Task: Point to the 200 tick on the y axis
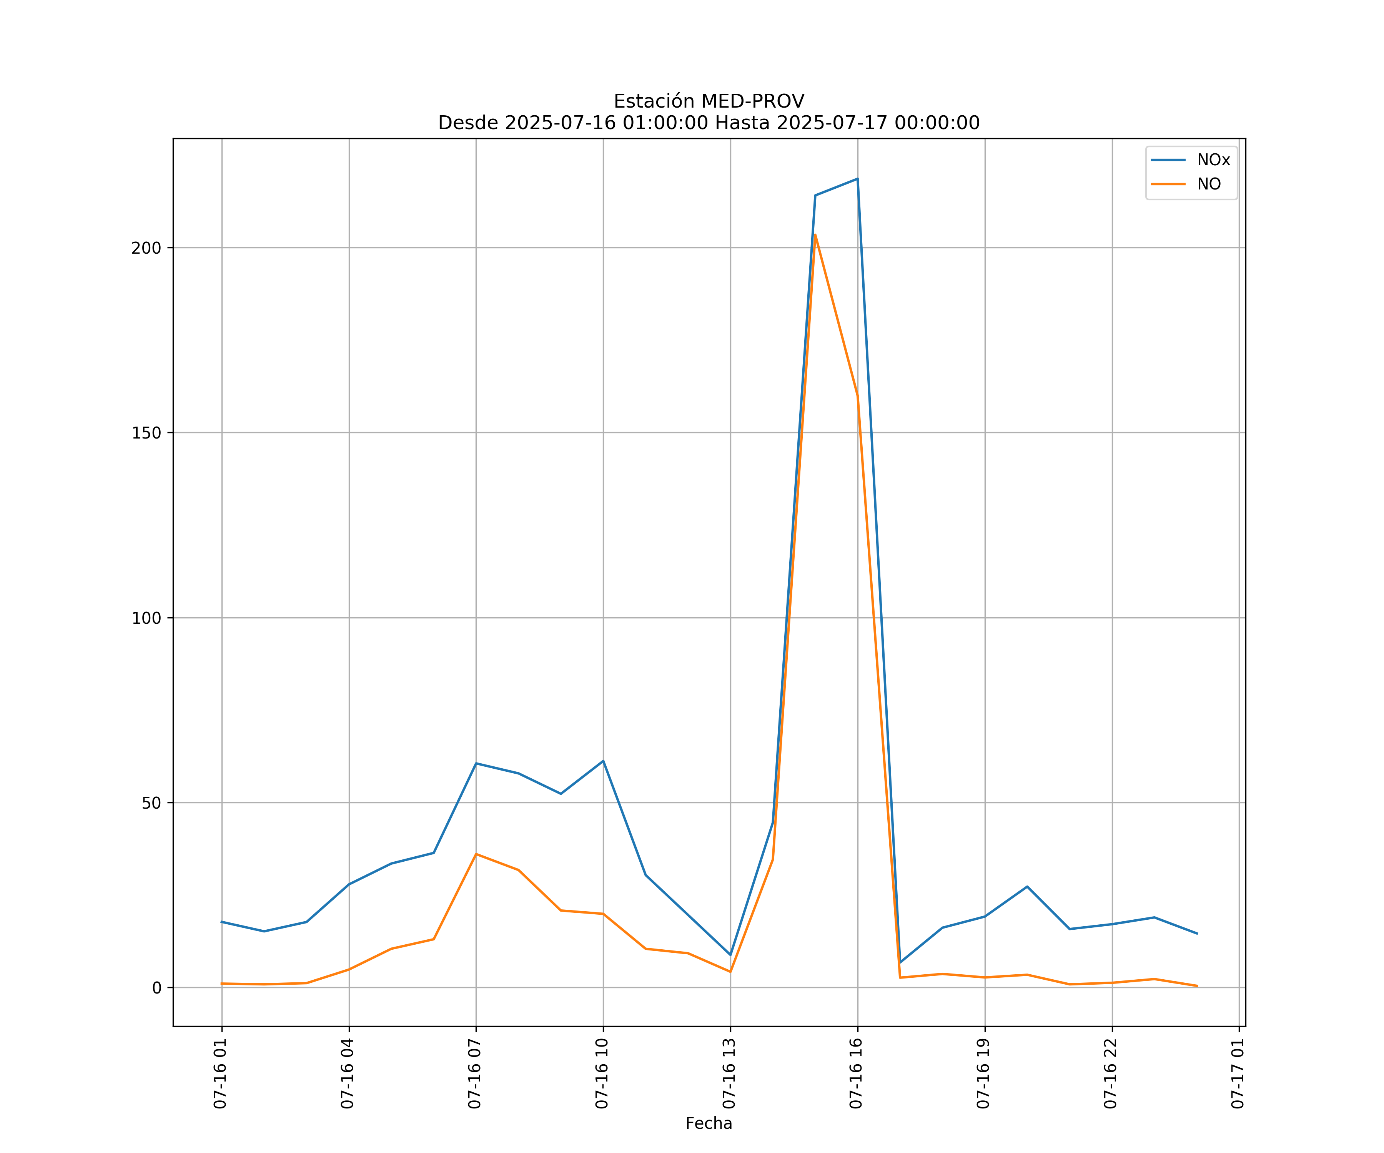[146, 248]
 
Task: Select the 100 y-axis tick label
[146, 618]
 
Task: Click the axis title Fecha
[709, 1123]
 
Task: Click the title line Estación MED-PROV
[709, 101]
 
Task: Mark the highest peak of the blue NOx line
[857, 179]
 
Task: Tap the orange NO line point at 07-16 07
[476, 854]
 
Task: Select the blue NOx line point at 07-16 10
[603, 761]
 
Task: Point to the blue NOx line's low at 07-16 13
[730, 955]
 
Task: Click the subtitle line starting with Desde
[709, 123]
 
